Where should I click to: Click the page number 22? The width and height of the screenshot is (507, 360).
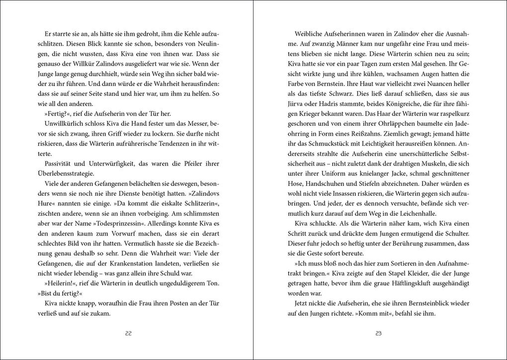[129, 334]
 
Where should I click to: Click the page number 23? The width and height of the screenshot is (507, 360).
[378, 334]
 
